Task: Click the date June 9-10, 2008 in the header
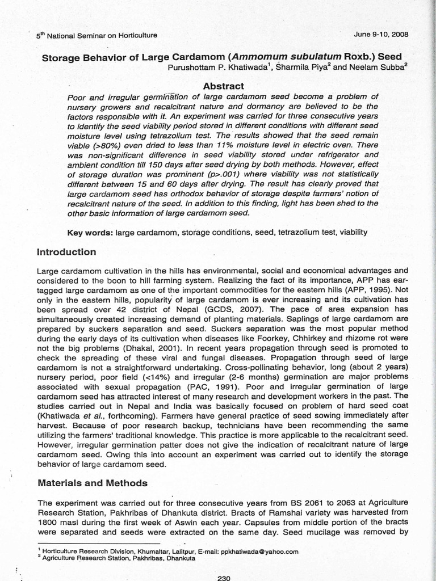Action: pos(381,34)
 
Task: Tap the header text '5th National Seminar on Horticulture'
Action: pos(97,35)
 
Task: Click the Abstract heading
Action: pos(223,86)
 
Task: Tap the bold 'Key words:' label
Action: pos(90,232)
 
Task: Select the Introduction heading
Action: pos(66,252)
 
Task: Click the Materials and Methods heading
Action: pos(92,483)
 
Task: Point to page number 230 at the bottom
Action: pos(224,578)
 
